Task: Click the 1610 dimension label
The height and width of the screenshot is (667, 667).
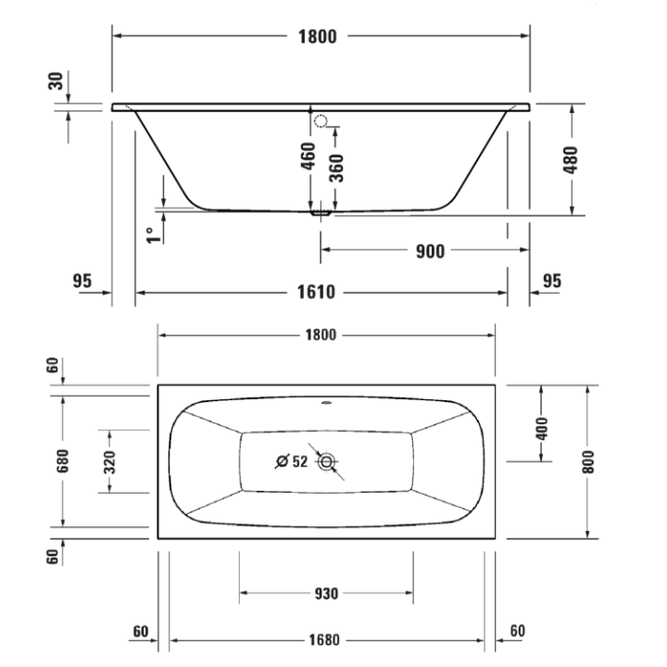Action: tap(316, 293)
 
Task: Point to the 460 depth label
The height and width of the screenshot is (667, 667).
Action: tap(308, 160)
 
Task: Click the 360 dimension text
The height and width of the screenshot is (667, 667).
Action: tap(337, 169)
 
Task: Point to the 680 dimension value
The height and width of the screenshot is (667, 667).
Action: tap(62, 460)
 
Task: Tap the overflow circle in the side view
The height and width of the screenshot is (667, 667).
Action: tap(321, 120)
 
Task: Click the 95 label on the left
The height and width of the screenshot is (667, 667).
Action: tap(82, 281)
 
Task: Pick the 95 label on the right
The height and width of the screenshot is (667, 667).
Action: tap(552, 281)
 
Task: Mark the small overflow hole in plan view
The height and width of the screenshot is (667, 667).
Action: tap(326, 403)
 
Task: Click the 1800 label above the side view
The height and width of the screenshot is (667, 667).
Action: tap(317, 37)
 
